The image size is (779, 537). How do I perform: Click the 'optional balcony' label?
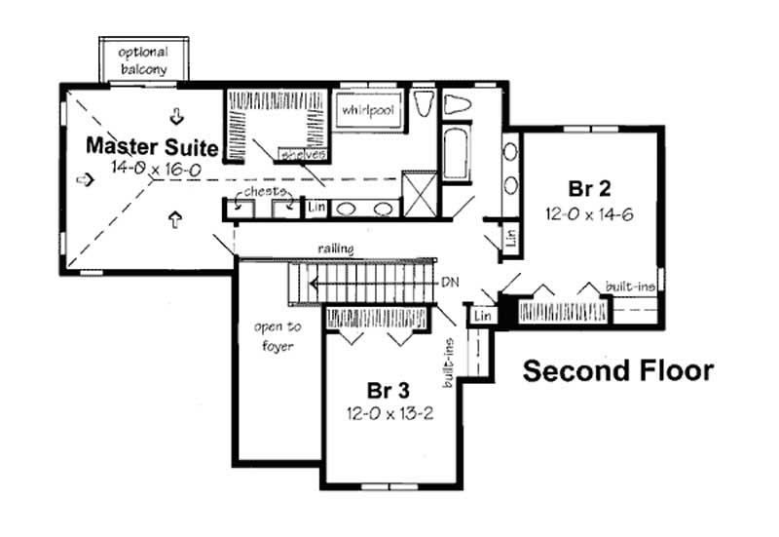[x=143, y=60]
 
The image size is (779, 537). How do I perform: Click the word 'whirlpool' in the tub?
[x=367, y=110]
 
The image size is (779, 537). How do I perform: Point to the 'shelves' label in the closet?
[x=302, y=155]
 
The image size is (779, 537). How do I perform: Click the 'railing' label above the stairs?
[x=335, y=249]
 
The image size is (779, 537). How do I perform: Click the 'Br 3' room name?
[x=388, y=391]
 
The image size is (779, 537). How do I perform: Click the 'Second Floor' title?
[x=617, y=371]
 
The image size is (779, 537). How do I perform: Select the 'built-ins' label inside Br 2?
[x=628, y=286]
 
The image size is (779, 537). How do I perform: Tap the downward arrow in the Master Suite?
[x=176, y=117]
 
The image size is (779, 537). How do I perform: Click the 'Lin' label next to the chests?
[x=315, y=207]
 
